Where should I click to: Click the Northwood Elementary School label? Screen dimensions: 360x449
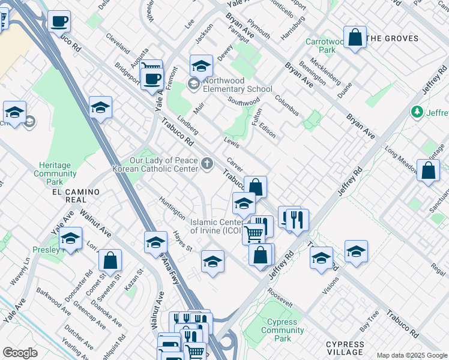pyautogui.click(x=238, y=85)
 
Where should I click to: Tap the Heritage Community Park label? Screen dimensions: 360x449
pyautogui.click(x=55, y=173)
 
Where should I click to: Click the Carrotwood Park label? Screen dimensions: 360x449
pyautogui.click(x=325, y=46)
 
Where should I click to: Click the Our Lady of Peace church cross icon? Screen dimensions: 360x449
pyautogui.click(x=207, y=163)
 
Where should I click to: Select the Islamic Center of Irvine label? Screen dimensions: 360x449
pyautogui.click(x=215, y=226)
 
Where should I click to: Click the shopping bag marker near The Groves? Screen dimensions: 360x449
pyautogui.click(x=355, y=37)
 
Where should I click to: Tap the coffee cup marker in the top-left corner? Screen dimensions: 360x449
pyautogui.click(x=59, y=22)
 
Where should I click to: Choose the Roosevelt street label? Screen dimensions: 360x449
pyautogui.click(x=280, y=298)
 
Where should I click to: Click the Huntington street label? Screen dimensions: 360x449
pyautogui.click(x=172, y=207)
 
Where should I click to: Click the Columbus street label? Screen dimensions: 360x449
pyautogui.click(x=287, y=105)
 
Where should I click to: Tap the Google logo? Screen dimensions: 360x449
pyautogui.click(x=20, y=353)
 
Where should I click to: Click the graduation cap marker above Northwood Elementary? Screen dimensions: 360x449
pyautogui.click(x=202, y=65)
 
